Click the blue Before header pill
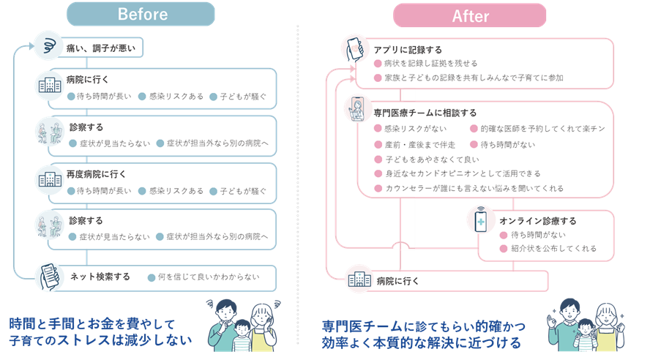141,14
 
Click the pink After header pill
469,15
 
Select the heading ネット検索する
100,277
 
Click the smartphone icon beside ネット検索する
49,277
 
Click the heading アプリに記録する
408,50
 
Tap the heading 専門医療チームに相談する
425,113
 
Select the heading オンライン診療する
538,220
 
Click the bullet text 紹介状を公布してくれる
554,249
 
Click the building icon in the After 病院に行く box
359,281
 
